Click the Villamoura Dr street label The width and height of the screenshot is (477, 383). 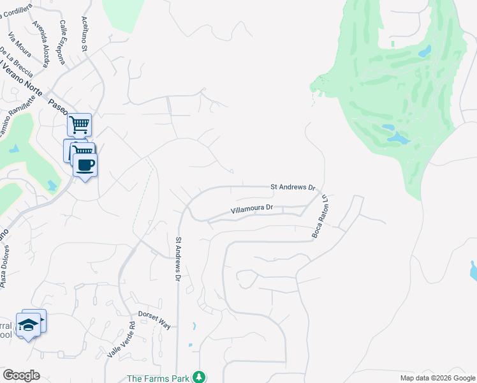[x=251, y=208]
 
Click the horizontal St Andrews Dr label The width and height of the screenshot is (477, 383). [x=293, y=187]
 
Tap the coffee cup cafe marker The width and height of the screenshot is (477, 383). [x=85, y=165]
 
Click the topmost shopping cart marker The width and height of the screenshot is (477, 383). [x=80, y=125]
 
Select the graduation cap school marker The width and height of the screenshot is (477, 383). [x=29, y=325]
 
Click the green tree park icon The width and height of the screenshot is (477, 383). [x=200, y=377]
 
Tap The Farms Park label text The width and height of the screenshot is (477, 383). [x=159, y=378]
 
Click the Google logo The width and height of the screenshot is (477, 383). [x=21, y=375]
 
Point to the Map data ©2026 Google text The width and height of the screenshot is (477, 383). [x=437, y=379]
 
